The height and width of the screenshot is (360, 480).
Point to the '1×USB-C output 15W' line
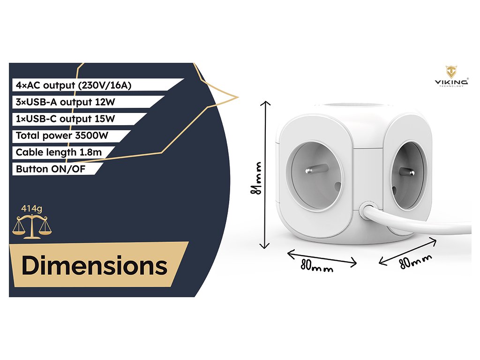(65, 119)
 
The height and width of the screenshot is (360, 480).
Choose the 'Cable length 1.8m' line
(59, 152)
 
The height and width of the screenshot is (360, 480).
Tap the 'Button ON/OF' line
(51, 169)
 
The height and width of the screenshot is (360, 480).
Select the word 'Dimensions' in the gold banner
(94, 265)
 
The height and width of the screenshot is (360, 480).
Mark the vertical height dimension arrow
(267, 174)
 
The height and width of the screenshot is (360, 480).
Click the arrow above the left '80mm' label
(322, 257)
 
